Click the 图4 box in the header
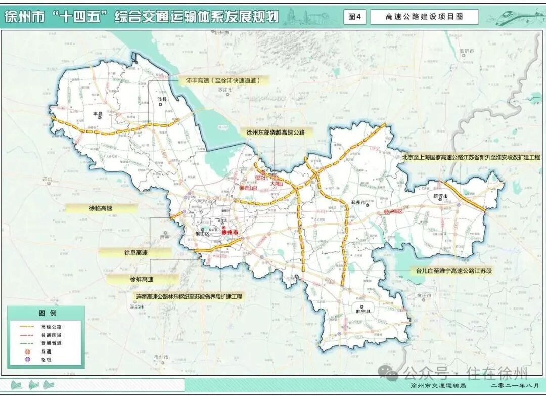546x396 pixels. point(355,17)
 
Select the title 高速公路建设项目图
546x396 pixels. point(424,17)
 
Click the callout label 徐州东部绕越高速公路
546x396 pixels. point(276,132)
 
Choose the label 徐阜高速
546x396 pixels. point(136,252)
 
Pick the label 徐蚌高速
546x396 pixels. point(142,279)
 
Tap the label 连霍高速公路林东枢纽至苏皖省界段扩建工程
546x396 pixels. point(189,296)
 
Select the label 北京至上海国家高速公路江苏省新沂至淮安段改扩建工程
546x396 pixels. point(471,157)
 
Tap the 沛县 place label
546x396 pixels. point(162,99)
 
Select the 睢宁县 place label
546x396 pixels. point(363,312)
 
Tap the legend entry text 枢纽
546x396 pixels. point(47,359)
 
